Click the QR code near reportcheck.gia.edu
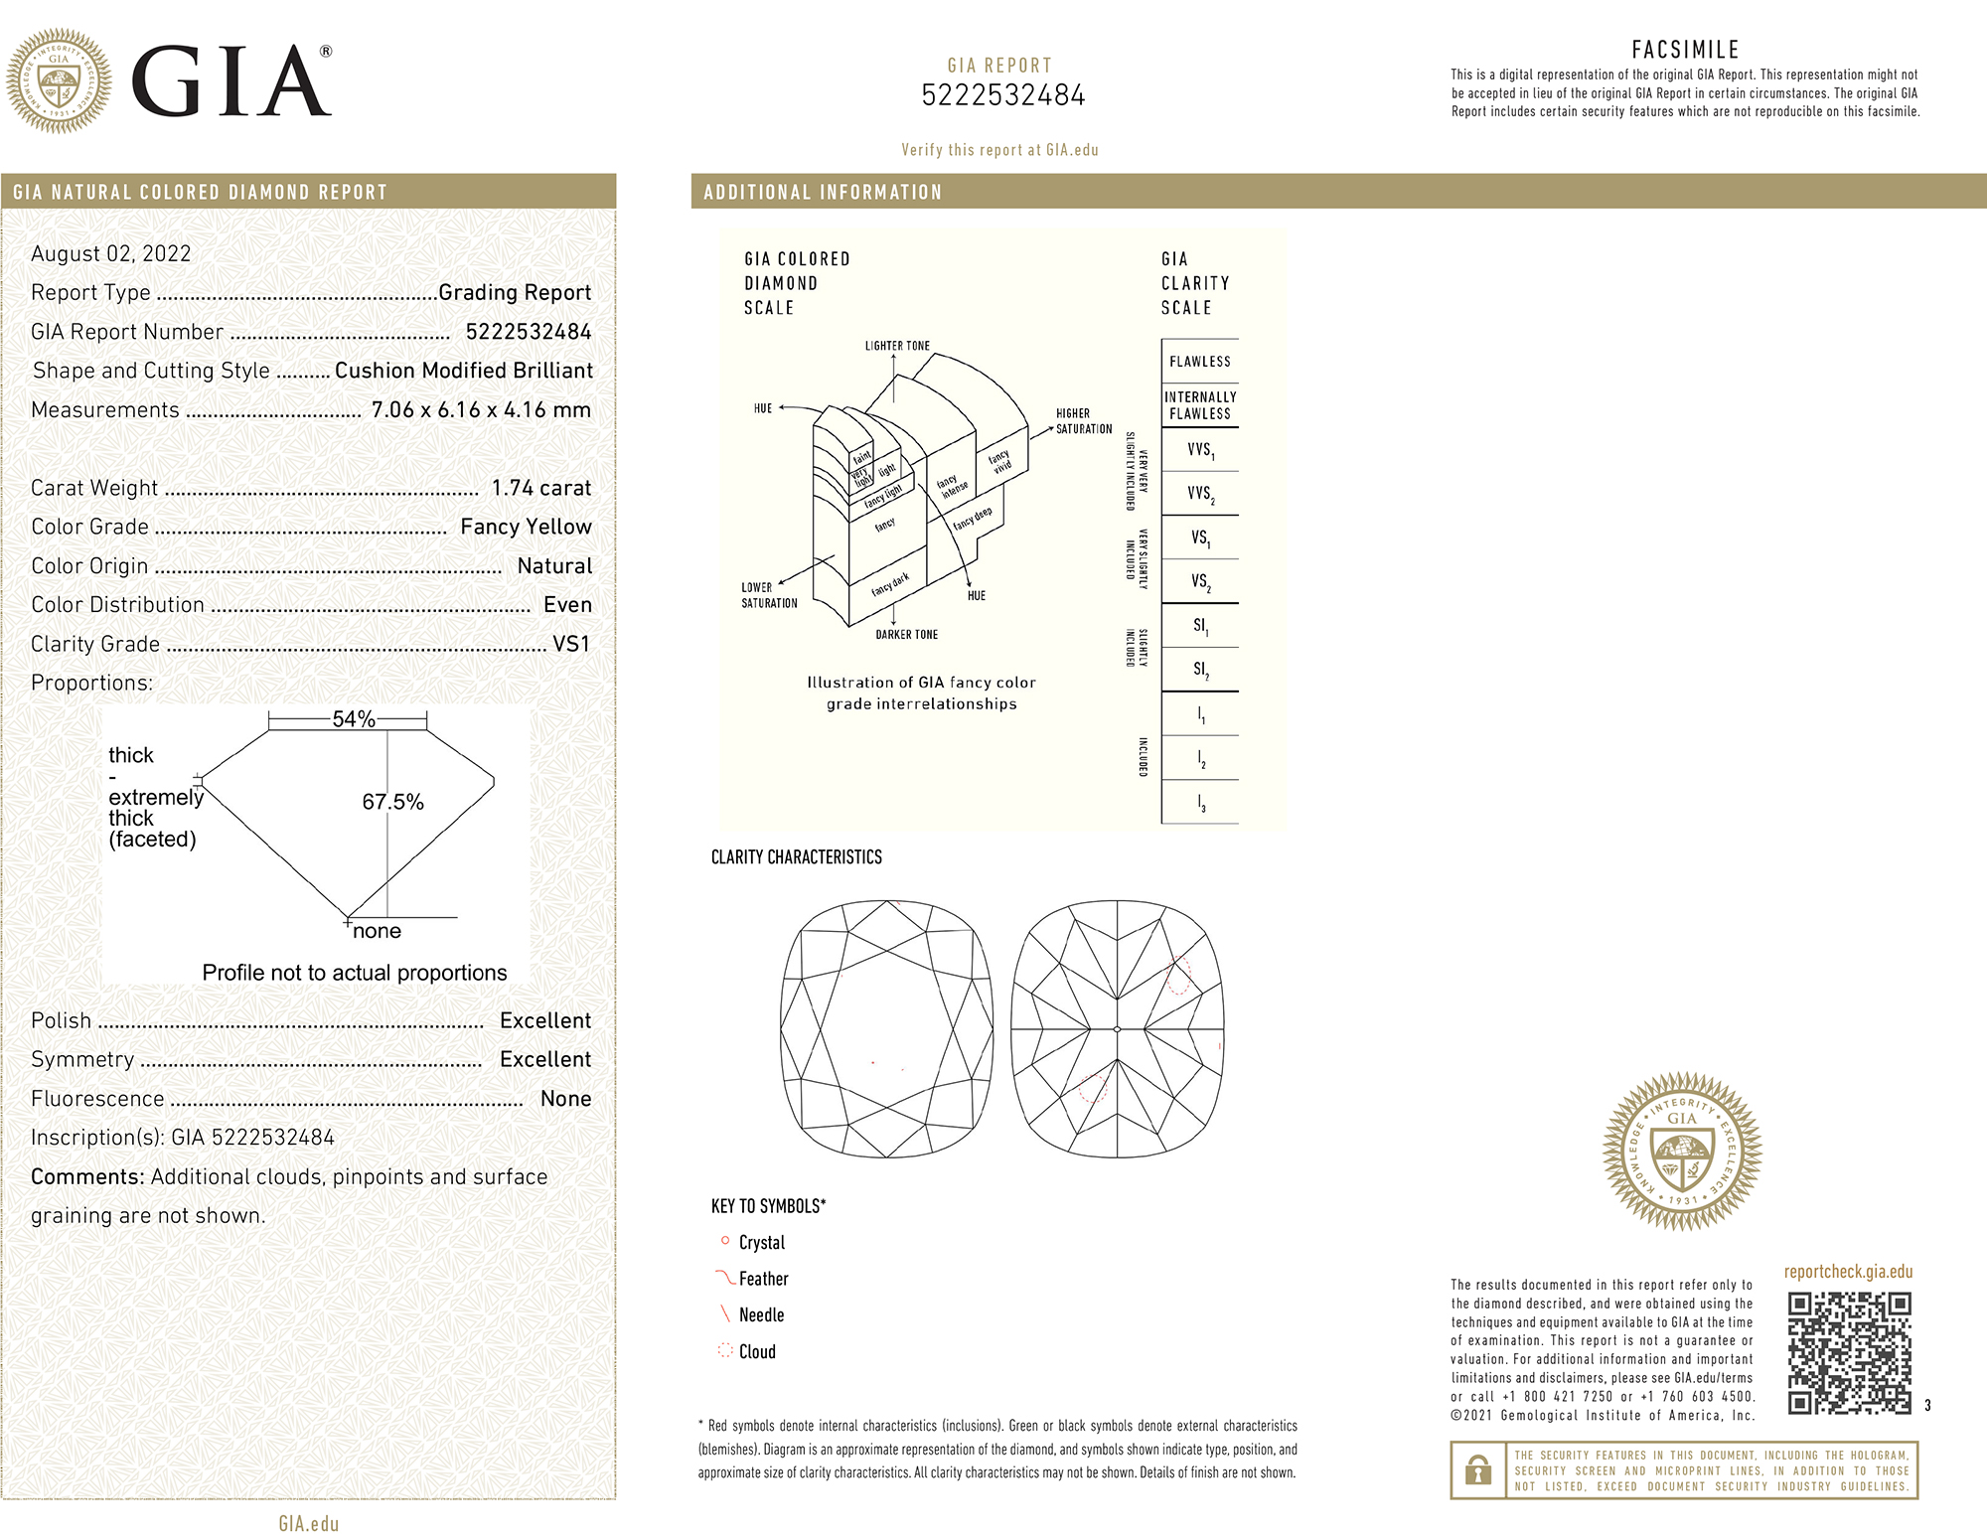click(x=1850, y=1352)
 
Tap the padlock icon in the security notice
click(x=1478, y=1469)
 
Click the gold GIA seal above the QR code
click(x=1682, y=1151)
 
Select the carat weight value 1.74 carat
click(x=541, y=488)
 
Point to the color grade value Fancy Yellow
click(x=526, y=527)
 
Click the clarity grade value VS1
click(x=571, y=644)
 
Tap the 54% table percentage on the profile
click(x=354, y=719)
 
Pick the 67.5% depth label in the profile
click(x=392, y=802)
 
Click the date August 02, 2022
click(x=111, y=253)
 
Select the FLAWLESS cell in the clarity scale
click(x=1200, y=362)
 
